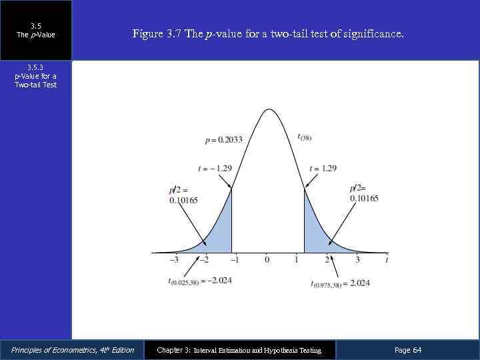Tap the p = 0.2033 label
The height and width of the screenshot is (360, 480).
224,140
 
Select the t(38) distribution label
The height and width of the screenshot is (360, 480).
305,137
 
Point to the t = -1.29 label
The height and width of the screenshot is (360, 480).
215,168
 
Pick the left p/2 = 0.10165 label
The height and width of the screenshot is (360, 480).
183,195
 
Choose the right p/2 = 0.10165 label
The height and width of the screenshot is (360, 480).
363,193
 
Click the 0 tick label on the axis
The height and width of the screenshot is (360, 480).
267,260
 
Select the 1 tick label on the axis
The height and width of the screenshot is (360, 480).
297,260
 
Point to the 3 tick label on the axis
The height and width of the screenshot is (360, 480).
357,260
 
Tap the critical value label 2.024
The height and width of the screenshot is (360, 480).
340,283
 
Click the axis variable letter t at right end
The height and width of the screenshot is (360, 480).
387,259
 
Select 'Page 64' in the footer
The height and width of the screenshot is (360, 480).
408,350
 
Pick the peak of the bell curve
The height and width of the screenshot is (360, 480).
268,109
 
